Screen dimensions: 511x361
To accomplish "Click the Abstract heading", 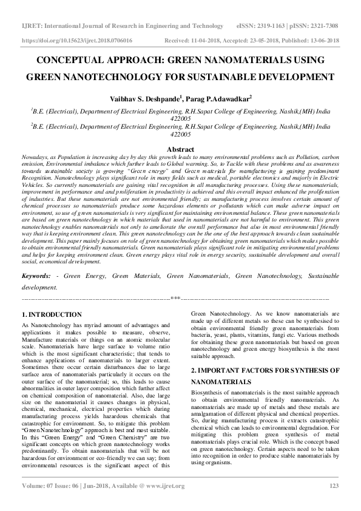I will pos(180,149).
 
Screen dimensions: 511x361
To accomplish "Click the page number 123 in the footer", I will pos(333,502).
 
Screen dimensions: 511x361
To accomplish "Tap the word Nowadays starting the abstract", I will pos(35,157).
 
